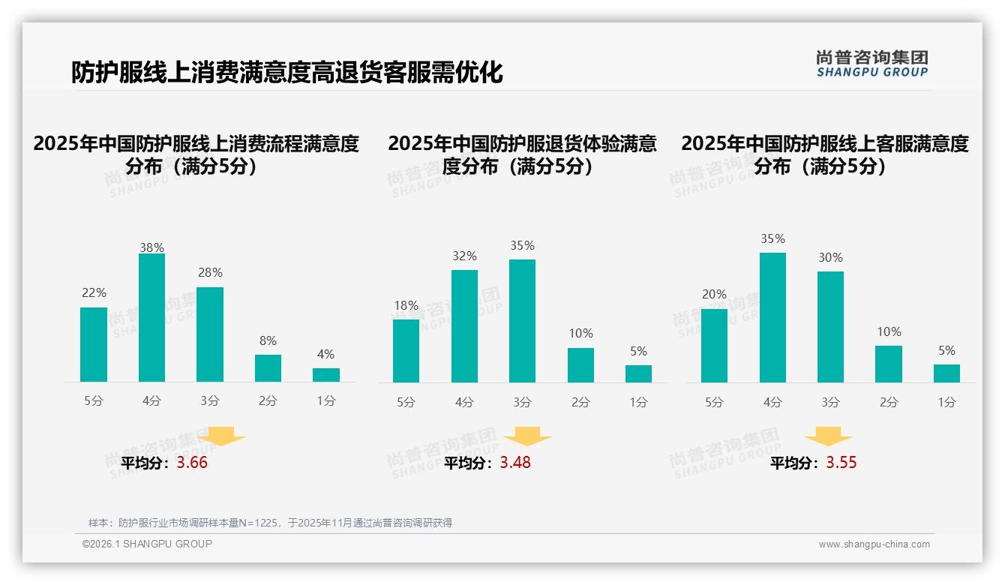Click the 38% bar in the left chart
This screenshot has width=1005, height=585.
point(151,318)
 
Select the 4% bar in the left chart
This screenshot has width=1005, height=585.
point(326,375)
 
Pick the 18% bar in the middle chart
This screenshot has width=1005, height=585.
point(406,351)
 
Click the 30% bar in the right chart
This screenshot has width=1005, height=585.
point(830,327)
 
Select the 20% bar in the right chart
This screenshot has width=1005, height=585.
point(714,346)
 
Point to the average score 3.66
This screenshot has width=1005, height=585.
point(192,463)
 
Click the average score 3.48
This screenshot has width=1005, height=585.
point(515,463)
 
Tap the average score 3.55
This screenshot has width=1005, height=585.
point(841,463)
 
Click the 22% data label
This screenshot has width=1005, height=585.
point(94,293)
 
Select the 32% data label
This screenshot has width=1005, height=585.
point(464,256)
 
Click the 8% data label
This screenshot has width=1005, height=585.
point(268,340)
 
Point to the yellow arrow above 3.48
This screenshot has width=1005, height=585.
point(527,436)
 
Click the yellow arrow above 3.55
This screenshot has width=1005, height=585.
point(828,436)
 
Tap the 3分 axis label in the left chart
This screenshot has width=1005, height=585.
point(209,401)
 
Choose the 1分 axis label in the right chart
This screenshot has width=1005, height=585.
point(946,403)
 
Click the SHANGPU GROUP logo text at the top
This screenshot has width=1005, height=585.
point(871,72)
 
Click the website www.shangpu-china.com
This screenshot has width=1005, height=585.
point(874,544)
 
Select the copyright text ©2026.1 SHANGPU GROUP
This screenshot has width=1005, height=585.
point(147,544)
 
